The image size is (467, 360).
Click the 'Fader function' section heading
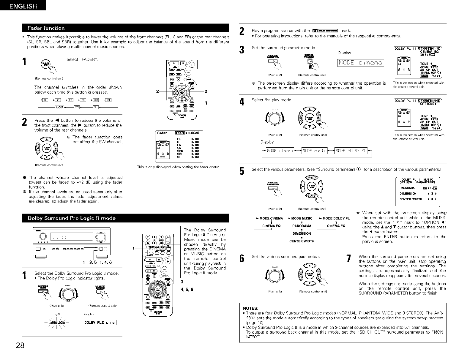point(46,28)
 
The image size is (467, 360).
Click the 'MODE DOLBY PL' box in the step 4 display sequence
point(351,151)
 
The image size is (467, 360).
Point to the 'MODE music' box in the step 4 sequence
point(314,151)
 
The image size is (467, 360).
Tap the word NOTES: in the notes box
point(250,308)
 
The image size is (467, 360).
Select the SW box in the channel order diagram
point(77,107)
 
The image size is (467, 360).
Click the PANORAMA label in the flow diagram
point(302,226)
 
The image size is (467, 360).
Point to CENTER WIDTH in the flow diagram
point(302,241)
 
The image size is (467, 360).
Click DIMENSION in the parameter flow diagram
point(302,233)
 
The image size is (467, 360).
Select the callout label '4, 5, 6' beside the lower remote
point(187,289)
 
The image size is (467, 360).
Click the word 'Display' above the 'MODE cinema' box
point(344,53)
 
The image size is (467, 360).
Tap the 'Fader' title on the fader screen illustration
point(162,133)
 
